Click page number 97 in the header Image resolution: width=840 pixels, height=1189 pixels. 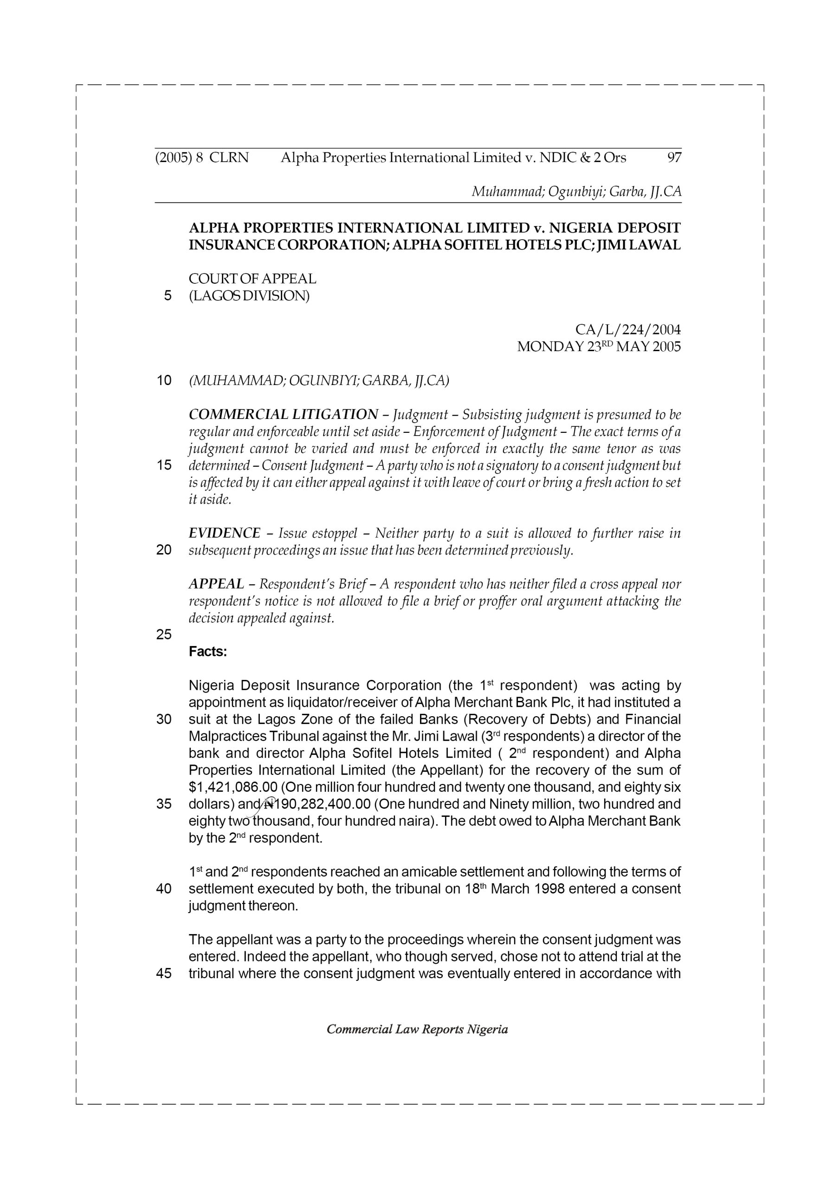(x=674, y=157)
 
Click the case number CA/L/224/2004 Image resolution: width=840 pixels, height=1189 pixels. (x=628, y=329)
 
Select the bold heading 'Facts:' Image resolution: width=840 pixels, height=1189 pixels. (x=208, y=652)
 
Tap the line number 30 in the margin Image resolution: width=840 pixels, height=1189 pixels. (x=163, y=719)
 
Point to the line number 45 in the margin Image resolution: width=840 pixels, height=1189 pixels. (x=163, y=973)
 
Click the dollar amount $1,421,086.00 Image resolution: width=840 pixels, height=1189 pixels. (x=233, y=787)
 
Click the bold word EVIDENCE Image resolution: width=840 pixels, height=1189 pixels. (x=225, y=533)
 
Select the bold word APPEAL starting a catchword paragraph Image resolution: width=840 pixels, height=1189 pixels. (x=216, y=584)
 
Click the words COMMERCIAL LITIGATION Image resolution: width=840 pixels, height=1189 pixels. (x=284, y=414)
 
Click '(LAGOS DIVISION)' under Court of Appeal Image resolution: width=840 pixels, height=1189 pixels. (x=249, y=296)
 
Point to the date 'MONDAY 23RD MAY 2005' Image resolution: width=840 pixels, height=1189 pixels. (x=599, y=346)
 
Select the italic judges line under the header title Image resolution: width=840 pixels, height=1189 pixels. (x=576, y=192)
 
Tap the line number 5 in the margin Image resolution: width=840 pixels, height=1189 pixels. (x=167, y=296)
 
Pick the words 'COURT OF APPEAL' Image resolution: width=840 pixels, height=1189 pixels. (x=252, y=279)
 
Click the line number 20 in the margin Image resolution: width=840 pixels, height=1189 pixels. (x=163, y=550)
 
